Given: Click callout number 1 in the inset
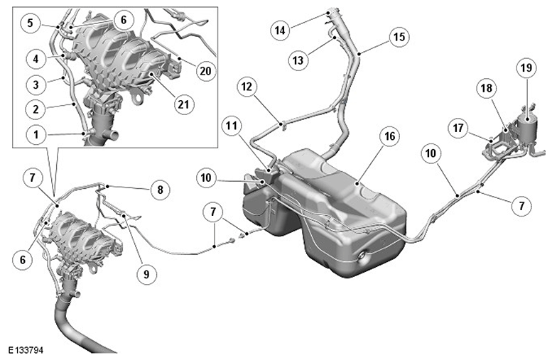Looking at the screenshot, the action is (36, 134).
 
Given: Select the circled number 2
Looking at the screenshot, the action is (36, 109).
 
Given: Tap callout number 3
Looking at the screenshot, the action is (36, 84).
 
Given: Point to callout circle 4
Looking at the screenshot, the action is (36, 59).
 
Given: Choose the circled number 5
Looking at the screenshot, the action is (31, 23).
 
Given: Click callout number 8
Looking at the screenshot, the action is (160, 190).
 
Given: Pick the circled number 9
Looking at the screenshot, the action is (146, 273).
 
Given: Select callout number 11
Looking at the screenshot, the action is (232, 126).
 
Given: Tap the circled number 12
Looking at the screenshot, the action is (247, 87).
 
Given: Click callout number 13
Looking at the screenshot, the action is (298, 60).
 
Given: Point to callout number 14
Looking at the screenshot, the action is (280, 31).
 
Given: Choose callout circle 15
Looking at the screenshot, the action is (399, 37).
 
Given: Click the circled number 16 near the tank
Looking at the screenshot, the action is (390, 136).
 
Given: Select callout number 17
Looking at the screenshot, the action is (458, 128).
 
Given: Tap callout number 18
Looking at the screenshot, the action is (486, 88).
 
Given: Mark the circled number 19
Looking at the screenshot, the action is (526, 67).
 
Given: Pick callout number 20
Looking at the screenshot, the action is (205, 71).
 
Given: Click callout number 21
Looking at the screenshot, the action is (183, 104).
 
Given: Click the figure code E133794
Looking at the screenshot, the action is (26, 351).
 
